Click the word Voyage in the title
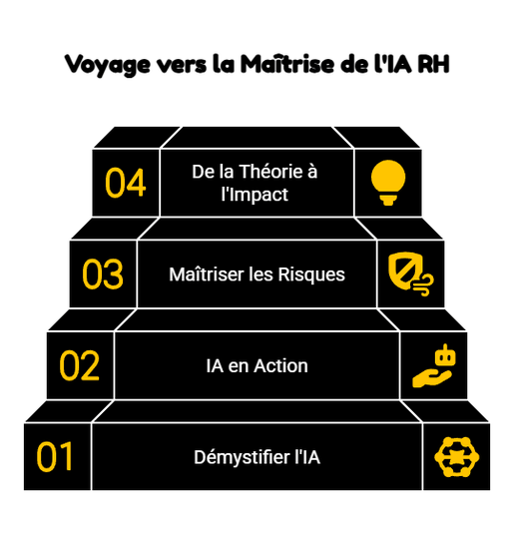[108, 65]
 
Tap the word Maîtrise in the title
[287, 64]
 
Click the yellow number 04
[126, 183]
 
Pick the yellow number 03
[103, 274]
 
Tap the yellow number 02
[80, 365]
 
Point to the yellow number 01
[55, 457]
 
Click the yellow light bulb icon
[388, 183]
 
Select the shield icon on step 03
[411, 274]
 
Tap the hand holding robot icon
[434, 365]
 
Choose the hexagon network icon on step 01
[457, 457]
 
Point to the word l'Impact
[255, 195]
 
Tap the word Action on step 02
[280, 365]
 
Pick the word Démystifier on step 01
[242, 457]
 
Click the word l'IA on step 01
[307, 457]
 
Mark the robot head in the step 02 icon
[445, 354]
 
